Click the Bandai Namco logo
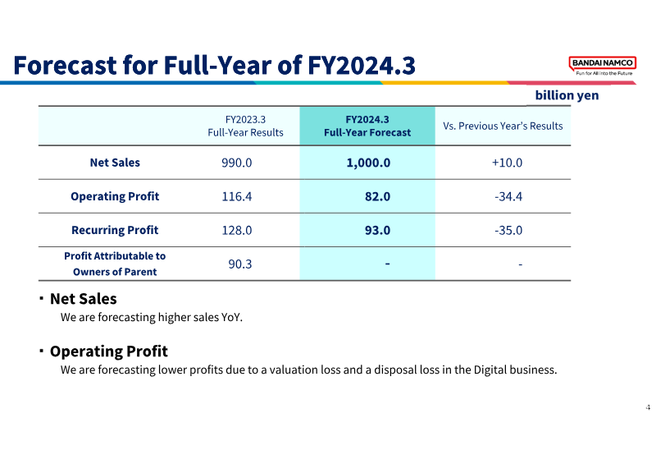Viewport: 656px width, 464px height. click(603, 66)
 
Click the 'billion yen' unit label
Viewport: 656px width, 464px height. click(567, 95)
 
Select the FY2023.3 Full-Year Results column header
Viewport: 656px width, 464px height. click(245, 126)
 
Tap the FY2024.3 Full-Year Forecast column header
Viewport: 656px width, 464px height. click(367, 126)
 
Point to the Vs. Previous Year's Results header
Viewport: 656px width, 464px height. click(503, 126)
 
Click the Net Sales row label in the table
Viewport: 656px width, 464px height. click(115, 163)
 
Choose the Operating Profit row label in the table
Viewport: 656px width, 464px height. click(115, 196)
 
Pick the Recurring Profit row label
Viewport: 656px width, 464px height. click(115, 230)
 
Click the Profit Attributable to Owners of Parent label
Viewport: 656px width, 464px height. click(115, 264)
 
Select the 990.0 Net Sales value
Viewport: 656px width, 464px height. click(237, 163)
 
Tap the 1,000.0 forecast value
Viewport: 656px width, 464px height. click(368, 163)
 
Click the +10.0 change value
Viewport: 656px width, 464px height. click(507, 163)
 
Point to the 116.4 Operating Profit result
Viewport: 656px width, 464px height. click(237, 196)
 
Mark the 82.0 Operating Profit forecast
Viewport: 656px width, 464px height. click(377, 196)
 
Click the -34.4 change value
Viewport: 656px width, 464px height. click(508, 196)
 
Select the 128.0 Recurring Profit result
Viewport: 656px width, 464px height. click(237, 230)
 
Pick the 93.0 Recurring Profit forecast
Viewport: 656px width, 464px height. click(377, 230)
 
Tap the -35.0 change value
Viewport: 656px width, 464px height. click(508, 230)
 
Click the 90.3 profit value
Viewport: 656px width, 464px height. click(240, 264)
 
